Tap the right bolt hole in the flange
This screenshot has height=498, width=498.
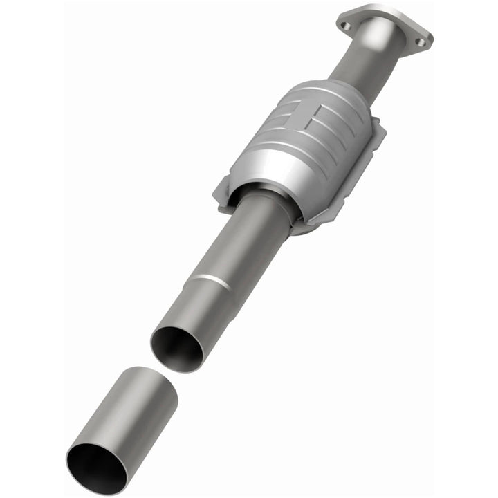(419, 42)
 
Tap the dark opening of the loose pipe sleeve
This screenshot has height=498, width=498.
(97, 468)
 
